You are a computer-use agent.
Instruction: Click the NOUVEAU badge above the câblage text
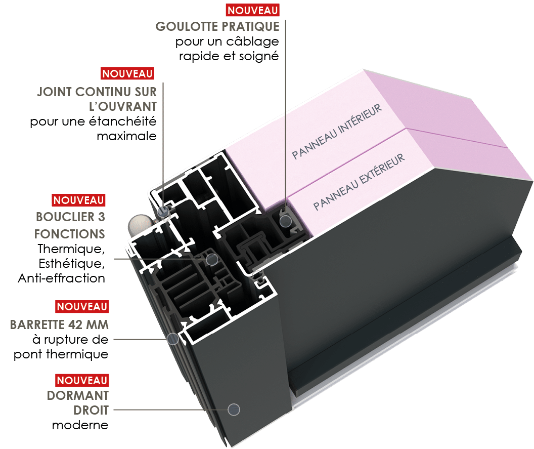point(253,10)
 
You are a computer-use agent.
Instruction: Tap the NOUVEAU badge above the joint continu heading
point(128,73)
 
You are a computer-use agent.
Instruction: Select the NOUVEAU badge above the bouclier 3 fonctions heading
point(78,200)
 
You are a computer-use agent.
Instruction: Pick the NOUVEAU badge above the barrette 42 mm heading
point(82,306)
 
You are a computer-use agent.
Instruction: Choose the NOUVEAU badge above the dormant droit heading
point(82,380)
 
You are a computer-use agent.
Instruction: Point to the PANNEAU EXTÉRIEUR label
point(359,182)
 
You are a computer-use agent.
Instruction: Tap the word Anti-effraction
point(61,278)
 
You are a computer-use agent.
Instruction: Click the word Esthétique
point(71,264)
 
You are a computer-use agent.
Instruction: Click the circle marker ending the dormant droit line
point(234,410)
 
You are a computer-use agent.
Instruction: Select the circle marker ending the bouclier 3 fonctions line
point(212,259)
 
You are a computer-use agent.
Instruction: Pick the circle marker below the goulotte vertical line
point(286,220)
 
